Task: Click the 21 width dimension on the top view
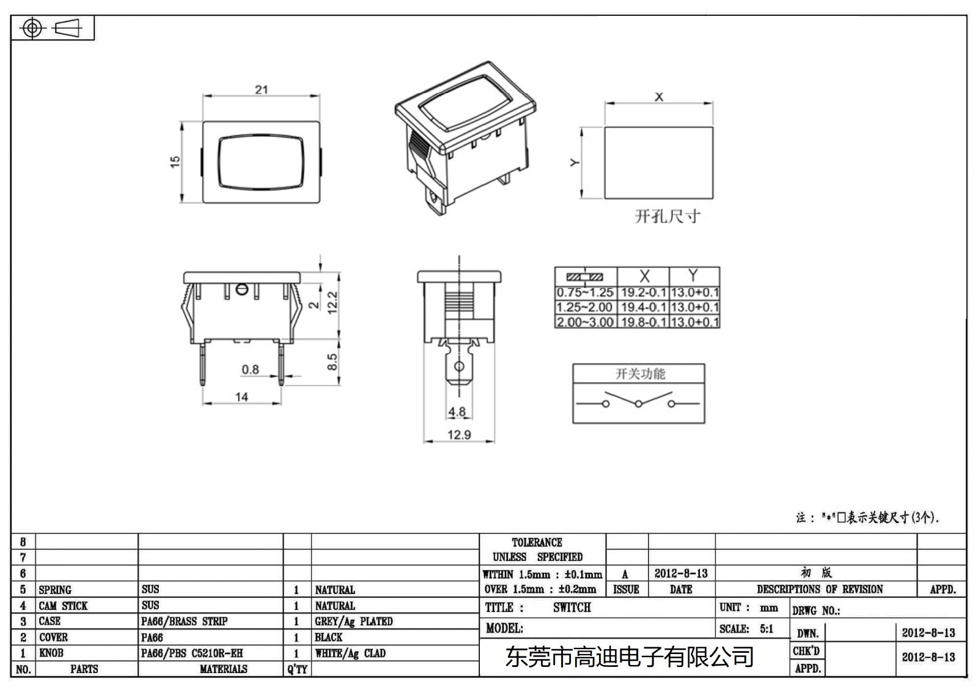pyautogui.click(x=261, y=89)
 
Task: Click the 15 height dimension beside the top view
pyautogui.click(x=175, y=162)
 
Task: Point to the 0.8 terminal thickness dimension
pyautogui.click(x=250, y=370)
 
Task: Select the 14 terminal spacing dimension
pyautogui.click(x=241, y=397)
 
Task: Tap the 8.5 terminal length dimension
pyautogui.click(x=332, y=362)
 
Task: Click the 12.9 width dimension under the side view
pyautogui.click(x=459, y=435)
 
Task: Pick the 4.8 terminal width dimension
pyautogui.click(x=457, y=412)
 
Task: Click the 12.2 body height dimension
pyautogui.click(x=332, y=302)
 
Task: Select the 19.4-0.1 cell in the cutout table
pyautogui.click(x=643, y=307)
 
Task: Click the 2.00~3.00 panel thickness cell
pyautogui.click(x=585, y=322)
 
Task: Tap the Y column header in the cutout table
pyautogui.click(x=693, y=276)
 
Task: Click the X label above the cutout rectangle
pyautogui.click(x=658, y=97)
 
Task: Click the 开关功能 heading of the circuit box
pyautogui.click(x=639, y=374)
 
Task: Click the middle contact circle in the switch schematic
pyautogui.click(x=638, y=404)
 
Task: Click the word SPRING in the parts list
pyautogui.click(x=55, y=590)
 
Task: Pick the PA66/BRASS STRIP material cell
pyautogui.click(x=184, y=622)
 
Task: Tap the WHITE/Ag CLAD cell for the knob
pyautogui.click(x=350, y=653)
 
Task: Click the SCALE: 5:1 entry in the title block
pyautogui.click(x=746, y=629)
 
